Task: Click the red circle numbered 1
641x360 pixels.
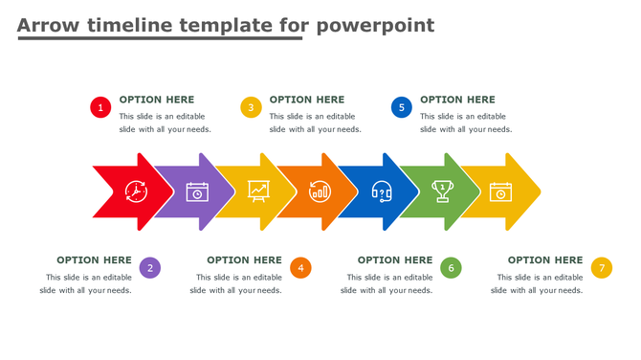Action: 100,107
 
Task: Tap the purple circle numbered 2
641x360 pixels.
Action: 149,268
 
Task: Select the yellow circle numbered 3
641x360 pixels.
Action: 251,107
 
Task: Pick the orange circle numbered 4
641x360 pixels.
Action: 300,268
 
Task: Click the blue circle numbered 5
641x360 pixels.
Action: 402,107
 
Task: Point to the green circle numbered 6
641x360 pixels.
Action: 451,268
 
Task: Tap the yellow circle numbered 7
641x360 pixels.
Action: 601,268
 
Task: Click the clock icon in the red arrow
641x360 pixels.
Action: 136,191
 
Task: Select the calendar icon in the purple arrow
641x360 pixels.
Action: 197,191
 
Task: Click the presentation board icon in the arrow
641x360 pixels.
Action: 258,191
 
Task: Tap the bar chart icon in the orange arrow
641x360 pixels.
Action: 320,191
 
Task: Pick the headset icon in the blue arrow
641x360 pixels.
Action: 381,191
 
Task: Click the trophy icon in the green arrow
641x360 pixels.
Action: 442,191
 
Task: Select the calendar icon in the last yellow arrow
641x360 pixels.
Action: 501,191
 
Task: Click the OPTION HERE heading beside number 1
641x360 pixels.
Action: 156,100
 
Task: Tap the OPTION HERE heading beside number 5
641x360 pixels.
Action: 457,100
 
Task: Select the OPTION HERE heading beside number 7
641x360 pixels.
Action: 544,259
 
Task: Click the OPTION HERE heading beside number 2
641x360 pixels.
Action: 94,259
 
